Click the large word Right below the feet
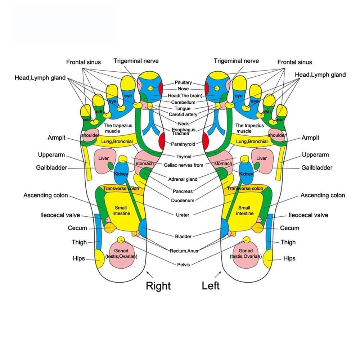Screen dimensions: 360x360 click(158, 286)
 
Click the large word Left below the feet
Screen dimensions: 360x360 click(211, 286)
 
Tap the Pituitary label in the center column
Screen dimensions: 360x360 click(184, 82)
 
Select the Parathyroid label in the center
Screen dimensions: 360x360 click(183, 144)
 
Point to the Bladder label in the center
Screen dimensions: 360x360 click(183, 237)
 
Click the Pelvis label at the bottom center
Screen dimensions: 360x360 click(184, 265)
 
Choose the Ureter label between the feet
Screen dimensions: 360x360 click(183, 215)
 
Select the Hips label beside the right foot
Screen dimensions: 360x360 click(78, 258)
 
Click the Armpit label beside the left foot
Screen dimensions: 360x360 click(310, 138)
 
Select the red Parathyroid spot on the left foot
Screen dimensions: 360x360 click(206, 141)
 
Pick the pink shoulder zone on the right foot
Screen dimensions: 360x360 click(90, 135)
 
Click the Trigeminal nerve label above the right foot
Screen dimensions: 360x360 click(136, 61)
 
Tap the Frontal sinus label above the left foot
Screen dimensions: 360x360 click(294, 62)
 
